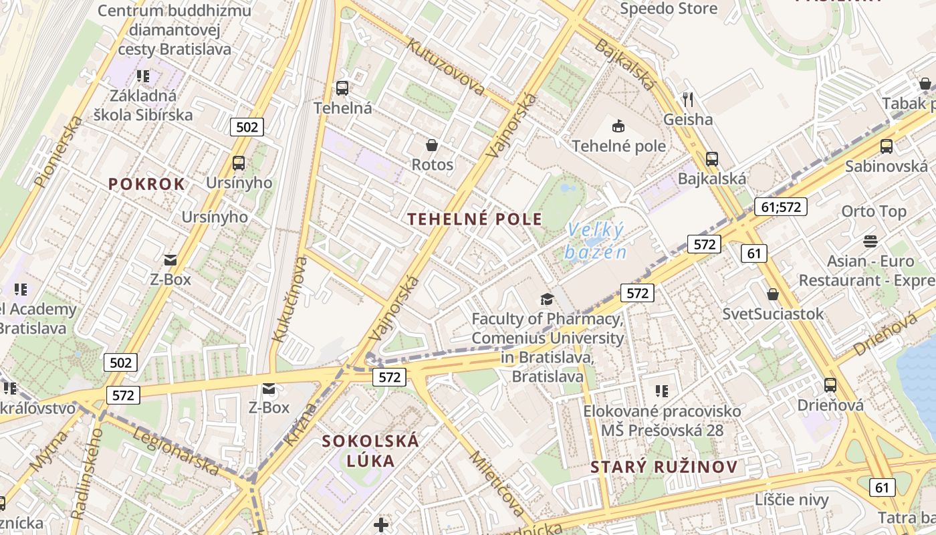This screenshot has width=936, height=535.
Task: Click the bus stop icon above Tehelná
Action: pos(342,88)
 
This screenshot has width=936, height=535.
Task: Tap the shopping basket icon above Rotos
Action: pos(432,144)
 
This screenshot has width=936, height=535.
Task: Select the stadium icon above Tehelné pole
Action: pos(618,125)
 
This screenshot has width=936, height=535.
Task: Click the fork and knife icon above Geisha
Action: pos(688,100)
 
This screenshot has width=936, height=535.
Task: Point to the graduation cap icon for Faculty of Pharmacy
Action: pos(548,299)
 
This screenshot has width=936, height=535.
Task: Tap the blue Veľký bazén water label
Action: pos(596,241)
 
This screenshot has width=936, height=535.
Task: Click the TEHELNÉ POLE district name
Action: pos(475,219)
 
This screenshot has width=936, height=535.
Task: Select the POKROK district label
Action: pos(146,185)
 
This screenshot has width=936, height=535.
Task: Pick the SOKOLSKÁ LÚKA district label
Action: pos(370,450)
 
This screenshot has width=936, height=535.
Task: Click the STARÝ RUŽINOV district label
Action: pos(664,467)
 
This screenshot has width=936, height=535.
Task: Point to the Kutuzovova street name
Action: pos(446,66)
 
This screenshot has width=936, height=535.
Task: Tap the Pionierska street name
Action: pos(58,151)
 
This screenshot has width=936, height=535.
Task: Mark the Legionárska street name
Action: pos(177,452)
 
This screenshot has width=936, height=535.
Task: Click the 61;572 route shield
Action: pos(780,207)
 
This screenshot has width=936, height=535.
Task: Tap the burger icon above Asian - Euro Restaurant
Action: pos(870,240)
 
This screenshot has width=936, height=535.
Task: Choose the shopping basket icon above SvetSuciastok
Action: pos(773,294)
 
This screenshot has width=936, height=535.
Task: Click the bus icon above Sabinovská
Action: pos(887,146)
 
